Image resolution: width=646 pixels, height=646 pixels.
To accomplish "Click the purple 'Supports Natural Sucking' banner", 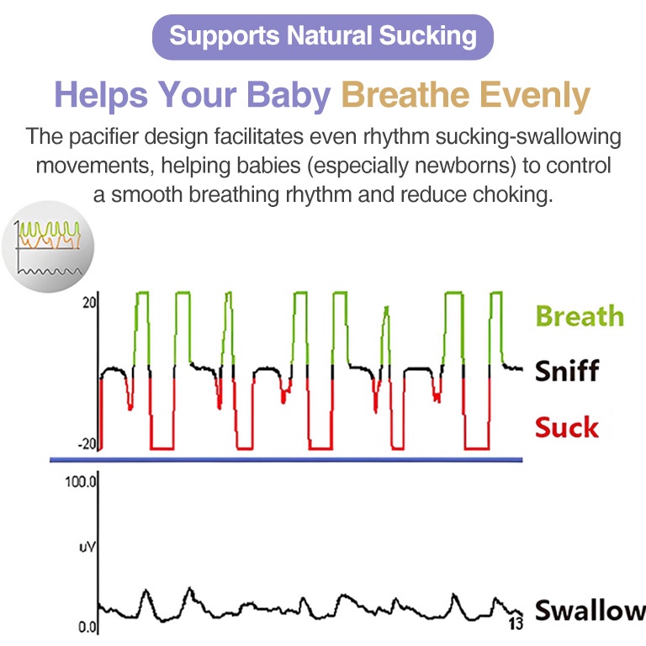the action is click(x=323, y=37).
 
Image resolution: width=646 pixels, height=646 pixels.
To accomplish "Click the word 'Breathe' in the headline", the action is click(x=405, y=95).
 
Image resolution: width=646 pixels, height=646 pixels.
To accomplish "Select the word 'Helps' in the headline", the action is click(x=101, y=96).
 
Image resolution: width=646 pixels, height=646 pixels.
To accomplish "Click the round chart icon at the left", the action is click(x=48, y=246).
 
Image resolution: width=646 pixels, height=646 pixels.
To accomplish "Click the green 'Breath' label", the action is click(x=580, y=316).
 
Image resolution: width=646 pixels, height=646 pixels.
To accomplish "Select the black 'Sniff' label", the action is click(x=567, y=370).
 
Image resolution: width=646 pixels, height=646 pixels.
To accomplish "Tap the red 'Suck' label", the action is click(x=566, y=427).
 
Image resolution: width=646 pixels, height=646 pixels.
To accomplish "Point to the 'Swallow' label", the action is click(x=590, y=610).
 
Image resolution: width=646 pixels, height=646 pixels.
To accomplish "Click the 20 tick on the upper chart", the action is click(x=89, y=303).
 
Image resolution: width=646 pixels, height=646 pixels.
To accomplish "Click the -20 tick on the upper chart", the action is click(x=87, y=444).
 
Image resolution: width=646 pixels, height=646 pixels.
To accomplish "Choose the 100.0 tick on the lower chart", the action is click(x=81, y=482).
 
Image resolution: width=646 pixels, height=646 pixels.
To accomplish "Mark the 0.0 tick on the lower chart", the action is click(x=87, y=627).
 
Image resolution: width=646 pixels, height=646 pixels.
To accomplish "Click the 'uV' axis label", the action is click(x=87, y=547).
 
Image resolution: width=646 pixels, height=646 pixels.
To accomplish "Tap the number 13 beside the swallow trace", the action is click(x=516, y=623).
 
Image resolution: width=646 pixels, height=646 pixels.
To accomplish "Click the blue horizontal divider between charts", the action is click(x=286, y=460).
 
